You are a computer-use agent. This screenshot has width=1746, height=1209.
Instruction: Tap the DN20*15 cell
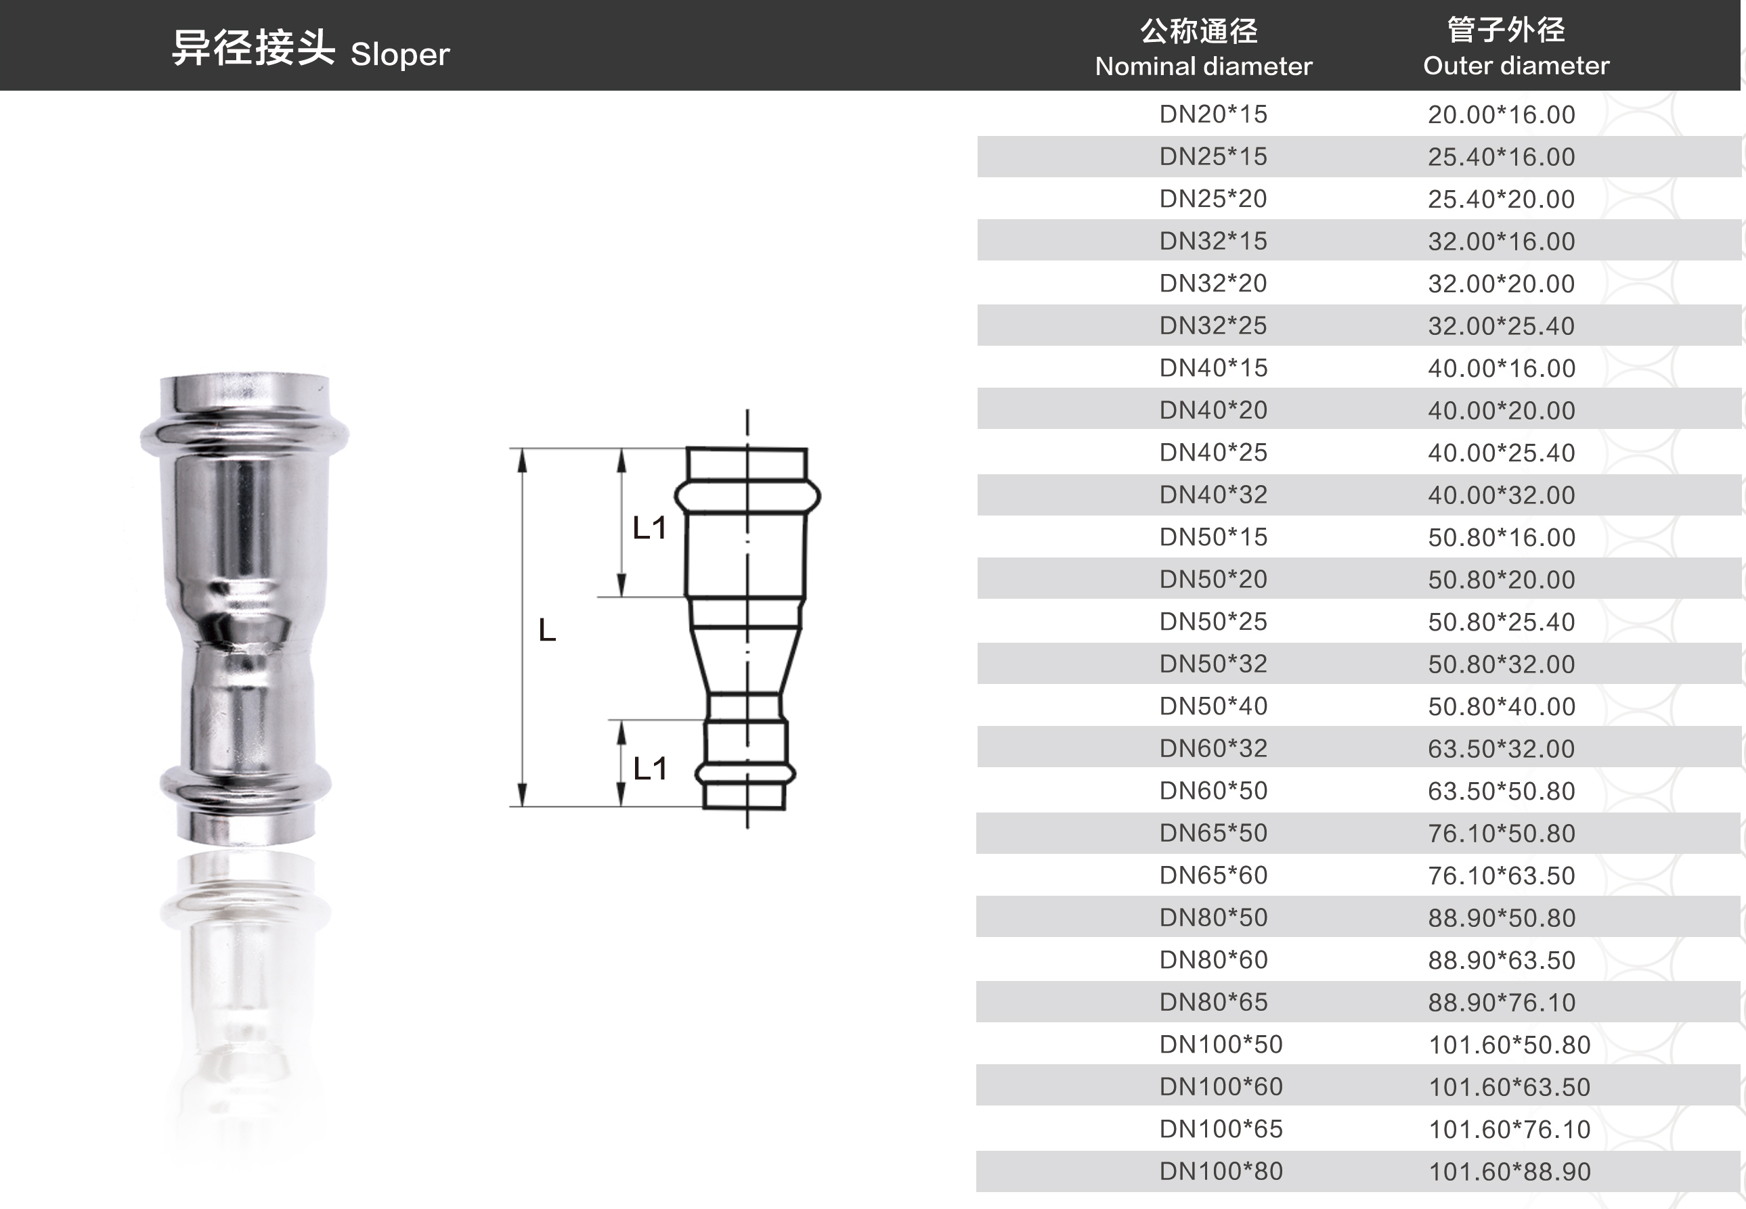click(1213, 114)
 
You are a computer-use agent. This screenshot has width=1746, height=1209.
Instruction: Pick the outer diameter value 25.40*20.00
click(1501, 199)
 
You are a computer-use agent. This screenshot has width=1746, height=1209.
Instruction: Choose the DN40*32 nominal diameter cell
click(1213, 495)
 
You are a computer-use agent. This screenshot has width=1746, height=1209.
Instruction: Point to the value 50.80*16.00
click(1501, 537)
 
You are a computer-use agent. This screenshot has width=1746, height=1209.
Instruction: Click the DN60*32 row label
click(1213, 748)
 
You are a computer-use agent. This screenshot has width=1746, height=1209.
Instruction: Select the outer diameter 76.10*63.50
click(1501, 875)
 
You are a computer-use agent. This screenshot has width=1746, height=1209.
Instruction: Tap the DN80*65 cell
click(1213, 1002)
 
